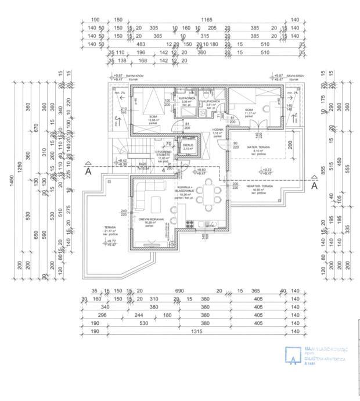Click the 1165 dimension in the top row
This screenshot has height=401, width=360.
pyautogui.click(x=207, y=20)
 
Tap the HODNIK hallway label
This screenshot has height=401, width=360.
pyautogui.click(x=217, y=132)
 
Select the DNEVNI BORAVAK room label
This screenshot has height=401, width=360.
pyautogui.click(x=150, y=220)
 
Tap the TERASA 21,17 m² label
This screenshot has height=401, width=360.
pyautogui.click(x=110, y=228)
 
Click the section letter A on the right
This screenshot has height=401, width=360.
pyautogui.click(x=314, y=187)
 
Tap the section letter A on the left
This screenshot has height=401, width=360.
pyautogui.click(x=88, y=172)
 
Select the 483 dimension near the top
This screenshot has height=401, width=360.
pyautogui.click(x=141, y=44)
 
